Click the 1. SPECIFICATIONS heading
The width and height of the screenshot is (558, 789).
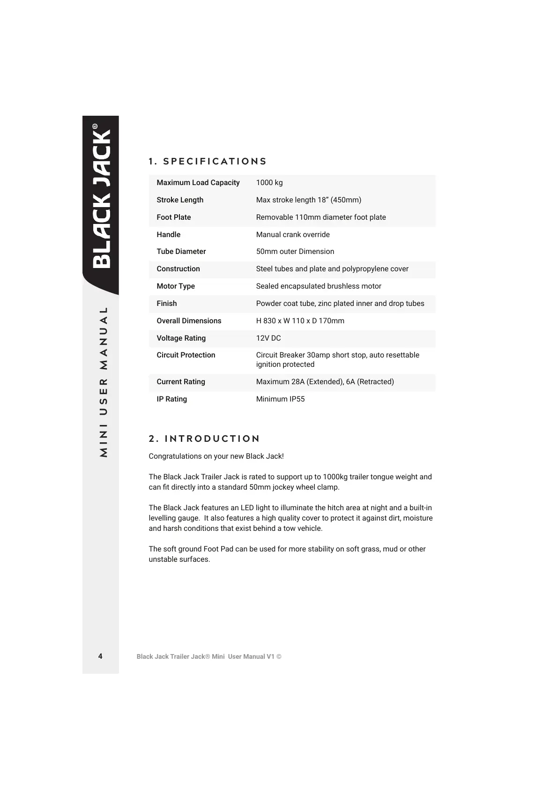coord(208,162)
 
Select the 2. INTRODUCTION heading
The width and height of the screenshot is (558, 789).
coord(204,439)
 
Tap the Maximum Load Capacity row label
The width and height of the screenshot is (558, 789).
coord(198,183)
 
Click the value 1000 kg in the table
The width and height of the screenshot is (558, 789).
coord(269,183)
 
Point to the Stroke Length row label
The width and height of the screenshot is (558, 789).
coord(180,200)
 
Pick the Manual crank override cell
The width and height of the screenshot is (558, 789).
coord(293,235)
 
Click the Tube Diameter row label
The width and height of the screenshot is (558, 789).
coord(181,252)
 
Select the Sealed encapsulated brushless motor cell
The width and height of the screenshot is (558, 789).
coord(319,286)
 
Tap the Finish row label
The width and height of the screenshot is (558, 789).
coord(167,304)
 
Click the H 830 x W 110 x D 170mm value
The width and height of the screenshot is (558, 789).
coord(300,321)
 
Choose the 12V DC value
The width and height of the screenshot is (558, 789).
coord(268,338)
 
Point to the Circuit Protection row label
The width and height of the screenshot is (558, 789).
coord(186,355)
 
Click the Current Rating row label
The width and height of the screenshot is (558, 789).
coord(181,382)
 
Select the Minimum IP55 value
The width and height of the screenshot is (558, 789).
coord(280,399)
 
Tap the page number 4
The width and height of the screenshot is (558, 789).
coord(100,656)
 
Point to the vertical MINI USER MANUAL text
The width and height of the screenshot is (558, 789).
coord(104,382)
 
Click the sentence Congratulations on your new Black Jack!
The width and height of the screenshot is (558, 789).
coord(216,456)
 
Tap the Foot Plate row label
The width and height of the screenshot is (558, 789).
coord(174,217)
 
